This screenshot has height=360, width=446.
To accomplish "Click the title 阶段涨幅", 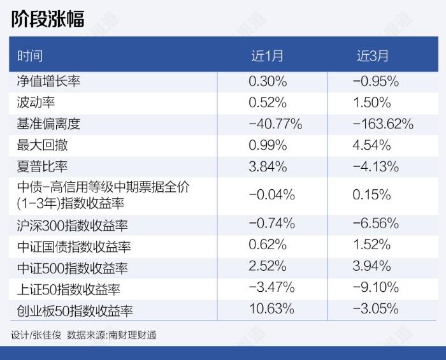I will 48,18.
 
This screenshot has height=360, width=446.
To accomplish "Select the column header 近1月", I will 267,56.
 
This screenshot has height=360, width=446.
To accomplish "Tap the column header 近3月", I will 373,56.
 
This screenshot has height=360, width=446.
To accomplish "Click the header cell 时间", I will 29,56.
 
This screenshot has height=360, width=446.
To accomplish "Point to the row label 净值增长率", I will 48,82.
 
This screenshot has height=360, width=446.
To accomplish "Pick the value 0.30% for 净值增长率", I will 268,82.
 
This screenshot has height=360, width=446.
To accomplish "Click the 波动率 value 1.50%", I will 371,103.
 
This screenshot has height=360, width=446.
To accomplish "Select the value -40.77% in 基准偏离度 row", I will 275,124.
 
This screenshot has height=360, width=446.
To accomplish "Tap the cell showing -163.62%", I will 383,124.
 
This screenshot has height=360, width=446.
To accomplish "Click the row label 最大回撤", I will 42,145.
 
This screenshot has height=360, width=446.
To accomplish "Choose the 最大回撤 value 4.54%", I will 371,145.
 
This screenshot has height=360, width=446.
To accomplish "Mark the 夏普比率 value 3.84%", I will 268,167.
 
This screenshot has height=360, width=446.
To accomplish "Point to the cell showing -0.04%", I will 271,194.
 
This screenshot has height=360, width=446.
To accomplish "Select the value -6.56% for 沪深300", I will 375,224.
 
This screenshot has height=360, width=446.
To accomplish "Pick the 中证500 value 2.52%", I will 268,266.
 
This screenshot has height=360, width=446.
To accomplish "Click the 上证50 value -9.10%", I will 375,287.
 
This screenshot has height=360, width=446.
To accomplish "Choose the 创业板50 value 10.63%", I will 271,309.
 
